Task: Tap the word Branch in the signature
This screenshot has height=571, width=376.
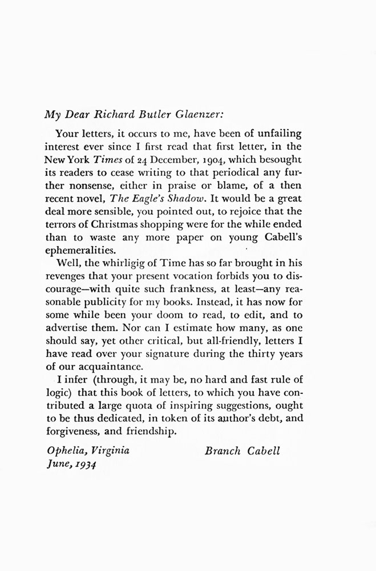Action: point(223,451)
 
